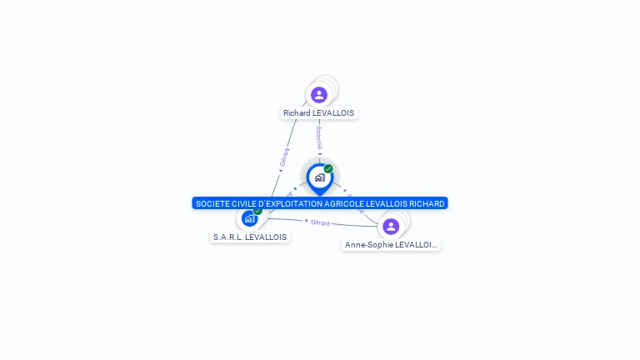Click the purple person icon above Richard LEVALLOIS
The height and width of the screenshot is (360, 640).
click(319, 94)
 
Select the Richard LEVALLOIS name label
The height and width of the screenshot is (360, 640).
click(318, 113)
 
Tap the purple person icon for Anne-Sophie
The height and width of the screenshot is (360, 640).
click(391, 226)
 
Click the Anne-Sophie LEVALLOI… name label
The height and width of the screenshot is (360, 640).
click(391, 245)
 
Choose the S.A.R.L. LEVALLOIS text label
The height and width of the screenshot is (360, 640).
click(250, 237)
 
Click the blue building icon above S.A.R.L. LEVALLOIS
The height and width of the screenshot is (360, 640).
click(249, 218)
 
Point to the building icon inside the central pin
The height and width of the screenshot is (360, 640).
click(319, 177)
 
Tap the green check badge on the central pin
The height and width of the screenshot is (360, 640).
click(328, 168)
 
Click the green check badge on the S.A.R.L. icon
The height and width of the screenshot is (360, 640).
click(257, 211)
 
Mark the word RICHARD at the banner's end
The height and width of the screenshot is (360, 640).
click(427, 203)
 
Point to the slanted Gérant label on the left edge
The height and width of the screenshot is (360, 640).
click(284, 157)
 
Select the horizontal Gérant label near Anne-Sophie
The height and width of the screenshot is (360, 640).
click(321, 222)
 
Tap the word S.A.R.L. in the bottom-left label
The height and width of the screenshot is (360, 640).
click(227, 237)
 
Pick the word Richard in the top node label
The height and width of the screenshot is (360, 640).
click(296, 113)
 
